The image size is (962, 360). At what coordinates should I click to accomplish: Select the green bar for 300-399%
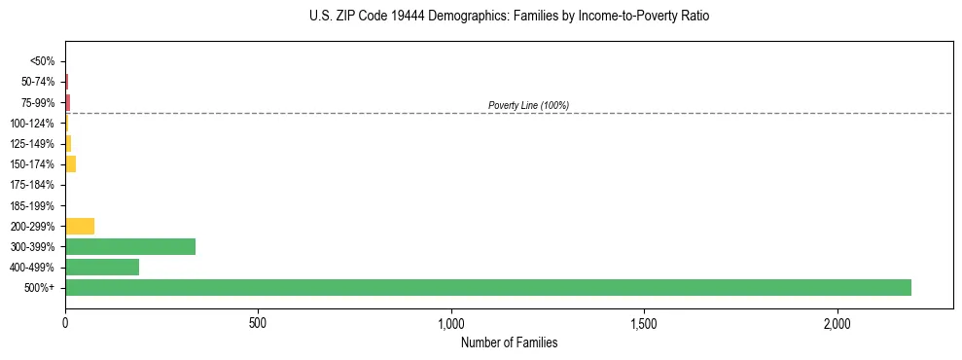pos(130,246)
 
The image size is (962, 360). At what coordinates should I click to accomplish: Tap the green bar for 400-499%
pos(102,267)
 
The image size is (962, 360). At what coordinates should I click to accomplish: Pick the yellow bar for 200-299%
pos(80,226)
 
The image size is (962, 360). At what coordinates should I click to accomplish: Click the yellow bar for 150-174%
pos(70,163)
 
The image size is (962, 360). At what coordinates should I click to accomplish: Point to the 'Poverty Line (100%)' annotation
pos(528,105)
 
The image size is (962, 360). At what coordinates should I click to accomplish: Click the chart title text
pos(510,17)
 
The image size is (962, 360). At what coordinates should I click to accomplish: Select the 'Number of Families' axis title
pos(509,343)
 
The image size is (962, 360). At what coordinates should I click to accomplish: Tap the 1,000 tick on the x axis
pos(451,322)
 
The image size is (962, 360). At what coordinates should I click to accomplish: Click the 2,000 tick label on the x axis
pos(837,322)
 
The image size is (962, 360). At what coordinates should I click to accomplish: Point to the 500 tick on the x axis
pos(258,322)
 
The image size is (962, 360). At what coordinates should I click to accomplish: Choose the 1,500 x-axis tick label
pos(644,322)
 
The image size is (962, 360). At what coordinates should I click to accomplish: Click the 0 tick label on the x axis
pos(65,322)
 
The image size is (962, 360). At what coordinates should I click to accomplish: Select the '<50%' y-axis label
pos(43,61)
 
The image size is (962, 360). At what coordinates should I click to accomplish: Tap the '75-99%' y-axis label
pos(39,102)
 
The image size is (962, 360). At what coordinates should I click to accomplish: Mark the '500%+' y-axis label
pos(40,288)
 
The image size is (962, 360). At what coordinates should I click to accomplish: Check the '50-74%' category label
pos(39,82)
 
